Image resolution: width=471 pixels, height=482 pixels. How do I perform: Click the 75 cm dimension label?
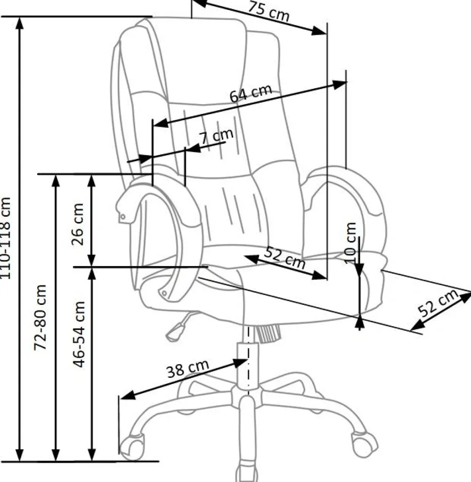tap(268, 11)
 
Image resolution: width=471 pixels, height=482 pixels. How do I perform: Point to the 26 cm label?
tap(77, 224)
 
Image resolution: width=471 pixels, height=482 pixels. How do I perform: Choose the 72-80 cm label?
tap(40, 317)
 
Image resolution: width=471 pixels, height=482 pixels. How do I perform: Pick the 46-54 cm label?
tap(79, 334)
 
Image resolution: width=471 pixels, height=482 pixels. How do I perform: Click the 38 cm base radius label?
tap(188, 368)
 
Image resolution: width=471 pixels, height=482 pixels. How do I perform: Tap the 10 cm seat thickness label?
tap(350, 243)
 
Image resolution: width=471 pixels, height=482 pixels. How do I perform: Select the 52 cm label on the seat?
tap(285, 258)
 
